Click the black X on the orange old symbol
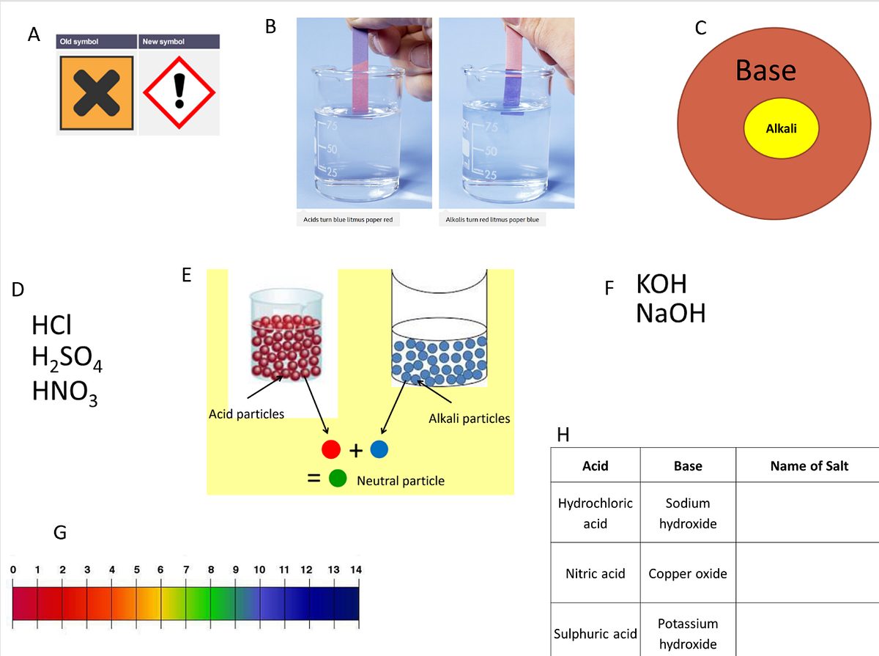97,93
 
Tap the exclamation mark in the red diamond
179,91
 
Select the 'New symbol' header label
163,42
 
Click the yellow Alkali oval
782,128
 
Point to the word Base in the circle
765,70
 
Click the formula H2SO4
67,358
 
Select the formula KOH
661,284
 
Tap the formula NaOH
671,314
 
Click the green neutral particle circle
338,478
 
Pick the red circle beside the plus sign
331,449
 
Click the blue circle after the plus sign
379,449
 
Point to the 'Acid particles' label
246,414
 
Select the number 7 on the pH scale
186,570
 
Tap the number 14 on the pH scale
356,570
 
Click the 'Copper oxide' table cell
688,573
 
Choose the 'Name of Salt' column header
809,465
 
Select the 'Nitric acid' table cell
595,573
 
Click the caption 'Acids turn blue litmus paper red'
348,220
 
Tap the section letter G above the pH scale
60,533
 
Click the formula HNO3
65,392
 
